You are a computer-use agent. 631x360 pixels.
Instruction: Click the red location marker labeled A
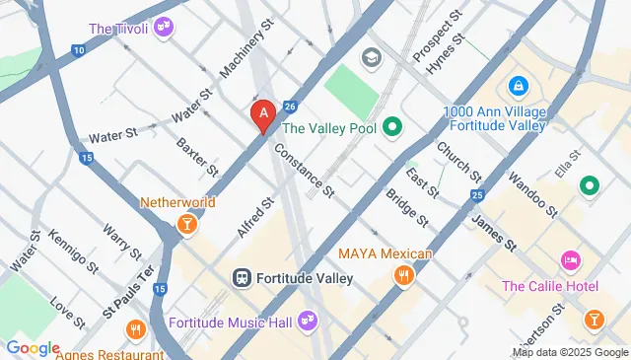[x=262, y=115]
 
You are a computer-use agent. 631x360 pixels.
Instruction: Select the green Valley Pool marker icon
[x=392, y=126]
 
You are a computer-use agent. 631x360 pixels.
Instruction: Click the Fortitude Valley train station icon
[x=242, y=278]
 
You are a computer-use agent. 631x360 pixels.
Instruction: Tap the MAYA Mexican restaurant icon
[x=402, y=276]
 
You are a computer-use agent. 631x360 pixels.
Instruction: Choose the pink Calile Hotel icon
[x=571, y=261]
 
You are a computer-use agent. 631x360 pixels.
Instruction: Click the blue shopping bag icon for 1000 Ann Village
[x=516, y=87]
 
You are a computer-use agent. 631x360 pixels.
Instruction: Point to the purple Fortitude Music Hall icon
[x=308, y=322]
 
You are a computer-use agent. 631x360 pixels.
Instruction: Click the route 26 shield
[x=289, y=107]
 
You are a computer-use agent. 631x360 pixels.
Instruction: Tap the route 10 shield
[x=78, y=49]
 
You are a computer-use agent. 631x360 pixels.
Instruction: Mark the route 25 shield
[x=478, y=196]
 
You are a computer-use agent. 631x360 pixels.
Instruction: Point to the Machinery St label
[x=245, y=54]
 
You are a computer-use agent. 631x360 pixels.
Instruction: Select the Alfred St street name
[x=254, y=217]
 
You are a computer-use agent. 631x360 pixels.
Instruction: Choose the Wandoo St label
[x=532, y=194]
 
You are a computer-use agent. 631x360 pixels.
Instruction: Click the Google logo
[x=33, y=348]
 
